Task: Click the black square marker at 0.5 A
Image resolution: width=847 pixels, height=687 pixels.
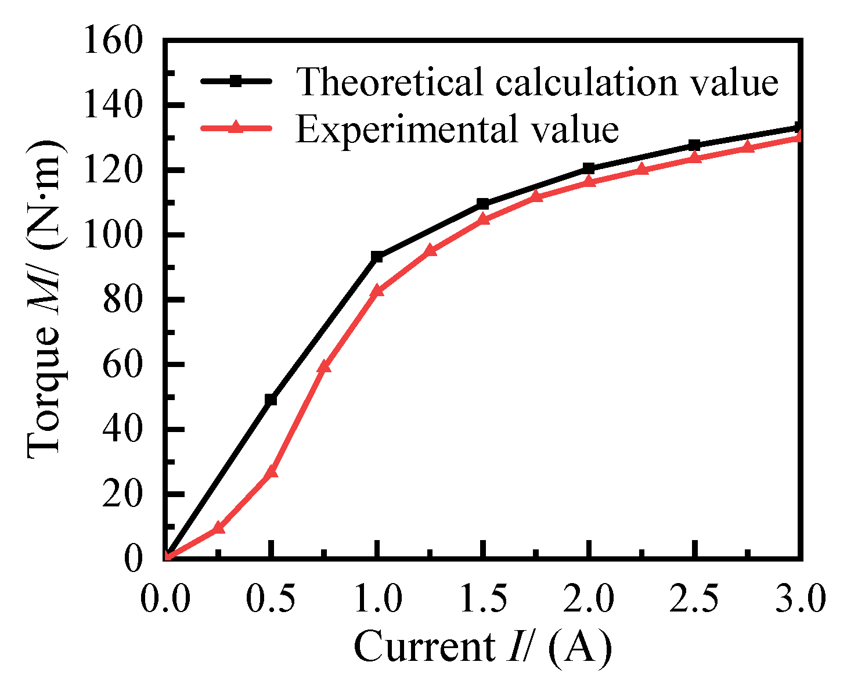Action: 271,400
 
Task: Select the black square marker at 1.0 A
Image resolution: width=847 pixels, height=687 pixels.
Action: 377,257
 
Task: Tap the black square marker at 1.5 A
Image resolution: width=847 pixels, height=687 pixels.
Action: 483,204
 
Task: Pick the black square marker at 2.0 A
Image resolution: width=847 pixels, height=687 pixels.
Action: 589,168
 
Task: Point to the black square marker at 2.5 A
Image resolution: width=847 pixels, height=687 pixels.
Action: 694,145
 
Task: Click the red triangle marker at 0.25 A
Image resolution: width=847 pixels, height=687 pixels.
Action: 218,528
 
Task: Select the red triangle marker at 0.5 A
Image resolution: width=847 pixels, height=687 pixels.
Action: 271,473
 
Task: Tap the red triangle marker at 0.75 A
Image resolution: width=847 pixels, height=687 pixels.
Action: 324,367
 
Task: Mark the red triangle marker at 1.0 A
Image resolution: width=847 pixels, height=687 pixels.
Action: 377,291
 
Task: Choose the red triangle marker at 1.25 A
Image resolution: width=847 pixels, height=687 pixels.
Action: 430,251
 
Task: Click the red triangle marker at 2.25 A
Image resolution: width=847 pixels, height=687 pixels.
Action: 641,170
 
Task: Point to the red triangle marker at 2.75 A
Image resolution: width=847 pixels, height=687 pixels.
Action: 748,148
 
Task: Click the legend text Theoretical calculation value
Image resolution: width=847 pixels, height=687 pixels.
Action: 537,82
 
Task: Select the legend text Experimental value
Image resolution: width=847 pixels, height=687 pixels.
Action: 457,128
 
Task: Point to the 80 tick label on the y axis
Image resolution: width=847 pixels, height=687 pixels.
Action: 122,300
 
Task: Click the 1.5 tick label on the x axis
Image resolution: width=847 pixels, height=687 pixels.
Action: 483,599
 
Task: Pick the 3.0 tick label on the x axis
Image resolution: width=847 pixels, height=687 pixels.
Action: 801,599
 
